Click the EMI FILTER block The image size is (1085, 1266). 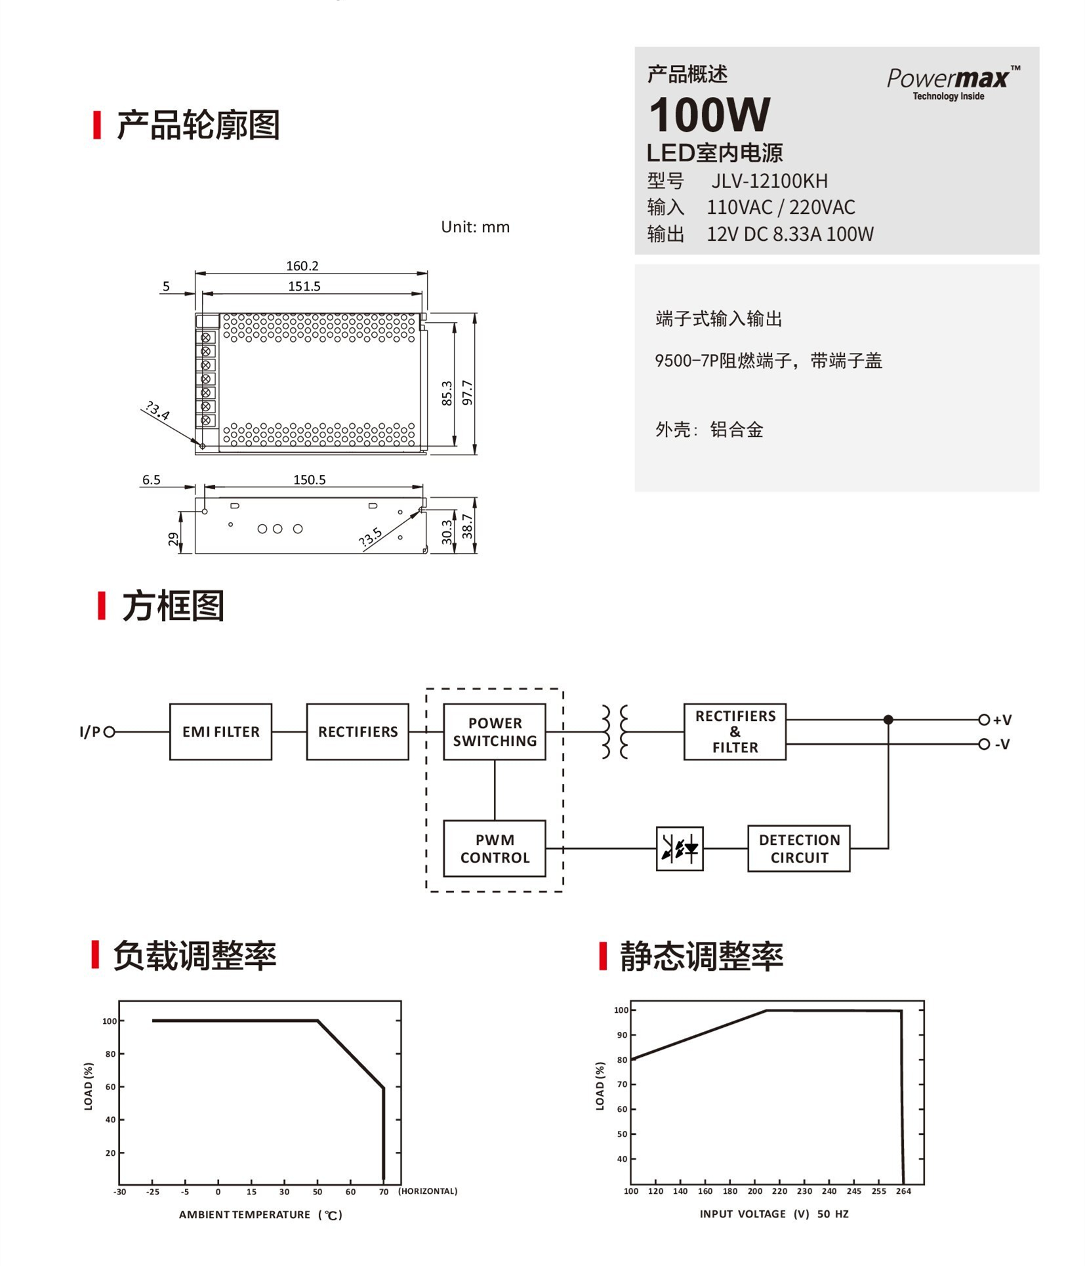220,732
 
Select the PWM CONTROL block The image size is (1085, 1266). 495,849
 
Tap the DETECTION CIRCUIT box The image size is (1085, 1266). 799,849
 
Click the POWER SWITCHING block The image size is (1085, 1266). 495,732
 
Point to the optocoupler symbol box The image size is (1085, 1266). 680,849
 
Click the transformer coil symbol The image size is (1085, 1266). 615,732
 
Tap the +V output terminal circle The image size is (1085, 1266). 983,720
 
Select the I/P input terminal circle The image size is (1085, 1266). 110,732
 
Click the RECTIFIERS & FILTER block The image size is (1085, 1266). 735,732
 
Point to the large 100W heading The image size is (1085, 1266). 709,115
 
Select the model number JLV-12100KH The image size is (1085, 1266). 769,181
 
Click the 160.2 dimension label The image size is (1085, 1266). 302,266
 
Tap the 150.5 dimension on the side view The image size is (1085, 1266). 310,480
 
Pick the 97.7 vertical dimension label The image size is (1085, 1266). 467,392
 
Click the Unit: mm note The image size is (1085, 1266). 475,227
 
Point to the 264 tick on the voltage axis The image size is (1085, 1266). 903,1191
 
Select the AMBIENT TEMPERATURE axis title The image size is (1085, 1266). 245,1215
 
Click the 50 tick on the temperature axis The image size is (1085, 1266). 317,1192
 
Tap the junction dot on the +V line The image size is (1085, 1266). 888,720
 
